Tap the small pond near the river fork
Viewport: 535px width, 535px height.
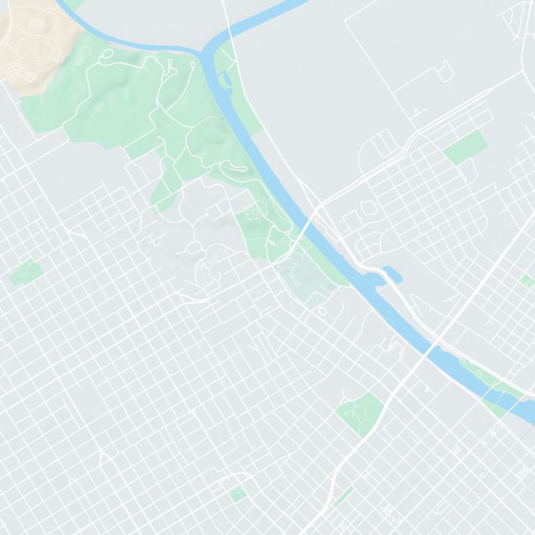[x=224, y=81]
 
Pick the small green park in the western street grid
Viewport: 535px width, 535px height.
[x=25, y=272]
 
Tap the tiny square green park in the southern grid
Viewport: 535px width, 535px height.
[x=237, y=494]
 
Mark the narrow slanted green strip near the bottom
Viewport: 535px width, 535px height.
[x=343, y=496]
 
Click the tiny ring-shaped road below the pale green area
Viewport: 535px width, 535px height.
[x=324, y=311]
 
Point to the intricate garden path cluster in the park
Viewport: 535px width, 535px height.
[x=255, y=214]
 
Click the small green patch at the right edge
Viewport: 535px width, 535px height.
[x=528, y=279]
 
